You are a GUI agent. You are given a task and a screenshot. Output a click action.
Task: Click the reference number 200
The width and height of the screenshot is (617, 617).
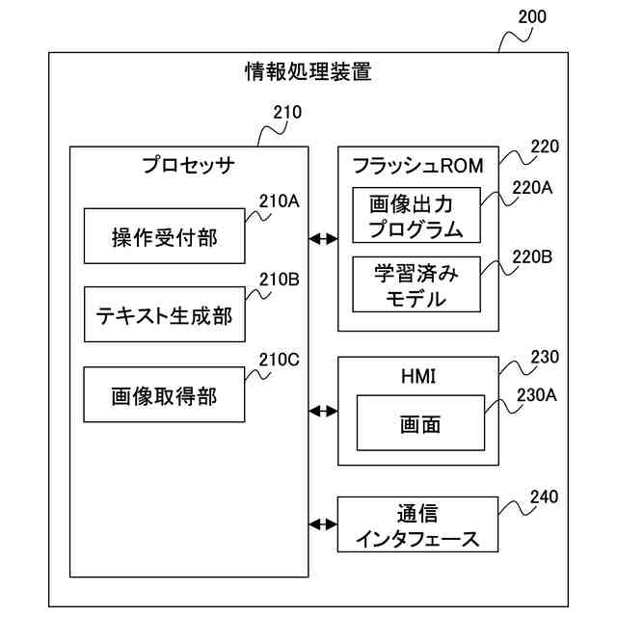pos(532,17)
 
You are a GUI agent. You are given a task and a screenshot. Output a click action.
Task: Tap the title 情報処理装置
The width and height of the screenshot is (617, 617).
pos(308,71)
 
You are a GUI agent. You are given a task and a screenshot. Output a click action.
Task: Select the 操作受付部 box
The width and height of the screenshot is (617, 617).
pos(165,236)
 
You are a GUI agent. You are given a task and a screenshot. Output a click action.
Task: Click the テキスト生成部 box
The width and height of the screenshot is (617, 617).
pos(165,314)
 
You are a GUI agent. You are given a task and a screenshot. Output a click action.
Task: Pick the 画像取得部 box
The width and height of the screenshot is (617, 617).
pos(164,394)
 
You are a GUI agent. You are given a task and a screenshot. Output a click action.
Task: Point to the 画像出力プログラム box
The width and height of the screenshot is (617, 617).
pos(416,215)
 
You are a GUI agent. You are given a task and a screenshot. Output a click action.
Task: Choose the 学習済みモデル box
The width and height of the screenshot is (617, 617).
pos(416,284)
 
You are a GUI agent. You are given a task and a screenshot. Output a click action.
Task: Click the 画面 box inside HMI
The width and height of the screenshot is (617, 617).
pos(420,423)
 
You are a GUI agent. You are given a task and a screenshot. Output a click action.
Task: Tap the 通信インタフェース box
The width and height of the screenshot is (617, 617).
pos(417,524)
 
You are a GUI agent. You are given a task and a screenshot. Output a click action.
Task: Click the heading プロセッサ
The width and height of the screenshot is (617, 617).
pos(188,165)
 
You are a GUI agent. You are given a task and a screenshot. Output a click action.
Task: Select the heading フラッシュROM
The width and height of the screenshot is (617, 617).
pos(417,166)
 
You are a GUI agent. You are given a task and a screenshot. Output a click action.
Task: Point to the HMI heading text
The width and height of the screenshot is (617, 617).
pos(418,376)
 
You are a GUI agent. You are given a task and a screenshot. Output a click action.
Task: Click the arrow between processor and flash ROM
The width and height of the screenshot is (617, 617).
pos(323,238)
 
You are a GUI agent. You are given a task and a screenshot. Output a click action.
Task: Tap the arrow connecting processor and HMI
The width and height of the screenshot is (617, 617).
pos(323,412)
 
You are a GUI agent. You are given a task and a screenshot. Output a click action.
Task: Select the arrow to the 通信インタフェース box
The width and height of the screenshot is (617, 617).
pos(323,524)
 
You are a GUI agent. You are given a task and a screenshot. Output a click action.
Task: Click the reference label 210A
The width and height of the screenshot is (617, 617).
pos(279,201)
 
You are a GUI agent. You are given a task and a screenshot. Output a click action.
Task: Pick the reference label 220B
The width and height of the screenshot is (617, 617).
pos(532,257)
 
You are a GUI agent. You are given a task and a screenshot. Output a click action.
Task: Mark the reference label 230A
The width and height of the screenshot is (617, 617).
pos(536,395)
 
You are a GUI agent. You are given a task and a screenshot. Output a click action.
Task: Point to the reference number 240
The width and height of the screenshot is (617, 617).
pos(544,497)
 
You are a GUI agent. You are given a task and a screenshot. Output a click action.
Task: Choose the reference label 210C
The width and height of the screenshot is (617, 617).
pos(279,360)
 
